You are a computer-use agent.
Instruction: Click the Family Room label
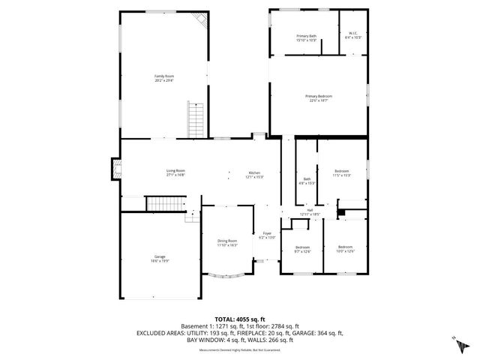pyautogui.click(x=164, y=77)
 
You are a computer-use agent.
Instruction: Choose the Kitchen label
pyautogui.click(x=255, y=175)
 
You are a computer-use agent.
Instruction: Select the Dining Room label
pyautogui.click(x=227, y=242)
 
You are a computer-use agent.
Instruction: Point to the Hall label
pyautogui.click(x=310, y=212)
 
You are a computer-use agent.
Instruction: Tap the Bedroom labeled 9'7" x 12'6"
pyautogui.click(x=302, y=249)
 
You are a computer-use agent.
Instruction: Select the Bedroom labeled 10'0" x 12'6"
pyautogui.click(x=345, y=249)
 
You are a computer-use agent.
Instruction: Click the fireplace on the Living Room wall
pyautogui.click(x=115, y=170)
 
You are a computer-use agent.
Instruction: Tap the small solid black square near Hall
pyautogui.click(x=340, y=213)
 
